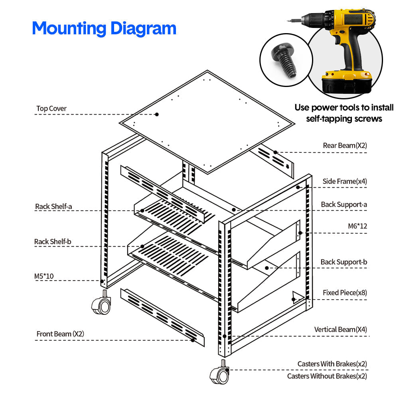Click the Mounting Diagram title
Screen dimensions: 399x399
point(104,29)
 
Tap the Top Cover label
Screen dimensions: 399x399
point(51,109)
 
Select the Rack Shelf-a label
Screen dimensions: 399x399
point(53,206)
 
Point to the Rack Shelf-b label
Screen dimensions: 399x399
point(53,241)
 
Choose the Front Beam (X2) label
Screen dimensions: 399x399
point(60,334)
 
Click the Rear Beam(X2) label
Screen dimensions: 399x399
point(345,146)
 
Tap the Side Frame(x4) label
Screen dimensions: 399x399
point(345,182)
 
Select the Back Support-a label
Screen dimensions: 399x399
point(344,204)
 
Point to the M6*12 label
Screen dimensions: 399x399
point(357,226)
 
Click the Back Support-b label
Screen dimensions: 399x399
point(344,262)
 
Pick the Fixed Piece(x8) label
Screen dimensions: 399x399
point(345,292)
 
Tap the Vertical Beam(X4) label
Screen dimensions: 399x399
point(340,330)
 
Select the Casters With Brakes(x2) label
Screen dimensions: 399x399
point(332,364)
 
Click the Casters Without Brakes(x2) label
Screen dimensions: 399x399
point(327,376)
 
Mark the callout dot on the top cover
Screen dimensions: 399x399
point(157,114)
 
